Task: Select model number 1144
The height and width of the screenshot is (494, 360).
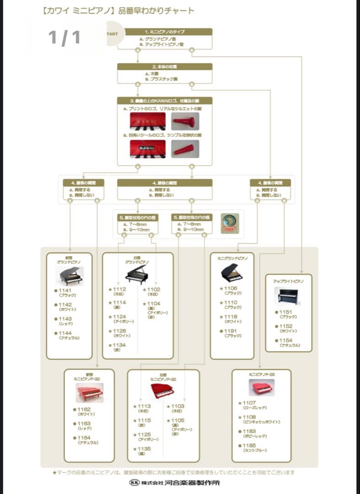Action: pos(65,333)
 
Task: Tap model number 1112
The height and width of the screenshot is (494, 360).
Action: pos(119,289)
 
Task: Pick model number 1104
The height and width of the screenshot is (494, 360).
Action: pos(154,303)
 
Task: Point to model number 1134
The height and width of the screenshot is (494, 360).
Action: pos(119,345)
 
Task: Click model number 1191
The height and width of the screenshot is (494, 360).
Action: pos(231,331)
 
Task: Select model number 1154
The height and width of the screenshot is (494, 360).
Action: pos(286,340)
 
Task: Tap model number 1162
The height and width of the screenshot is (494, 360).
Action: pos(84,409)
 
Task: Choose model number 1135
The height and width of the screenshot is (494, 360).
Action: pos(144,449)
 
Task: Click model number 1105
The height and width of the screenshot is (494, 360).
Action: pos(178,420)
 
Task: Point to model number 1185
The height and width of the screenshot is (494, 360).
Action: pos(249,446)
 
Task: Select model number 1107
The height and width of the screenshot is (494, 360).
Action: pos(249,403)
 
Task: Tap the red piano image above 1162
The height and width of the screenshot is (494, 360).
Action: pos(89,392)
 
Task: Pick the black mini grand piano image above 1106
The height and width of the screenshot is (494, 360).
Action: pos(232,272)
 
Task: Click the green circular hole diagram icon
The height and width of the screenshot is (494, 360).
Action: pos(230,223)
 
